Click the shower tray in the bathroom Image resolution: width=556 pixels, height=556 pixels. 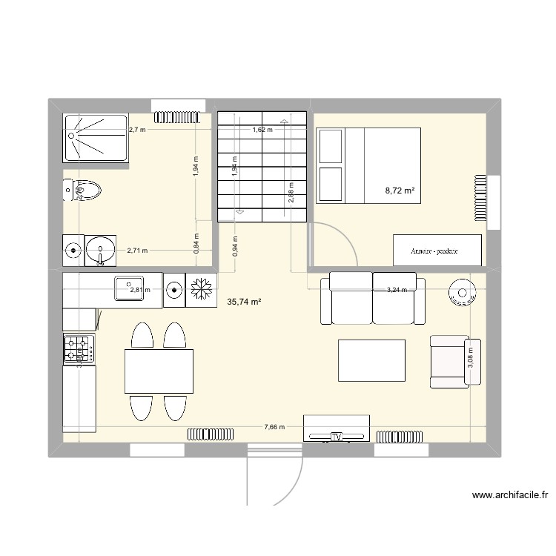[x=96, y=137]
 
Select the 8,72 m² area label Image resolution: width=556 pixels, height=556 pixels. [x=400, y=191]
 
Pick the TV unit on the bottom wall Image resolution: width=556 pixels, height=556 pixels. [x=337, y=428]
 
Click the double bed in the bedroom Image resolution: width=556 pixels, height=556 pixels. [x=369, y=165]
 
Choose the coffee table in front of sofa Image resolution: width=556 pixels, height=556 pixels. [x=371, y=360]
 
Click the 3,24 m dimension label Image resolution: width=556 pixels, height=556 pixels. [x=397, y=290]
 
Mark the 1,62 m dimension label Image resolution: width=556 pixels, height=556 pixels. [x=262, y=130]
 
